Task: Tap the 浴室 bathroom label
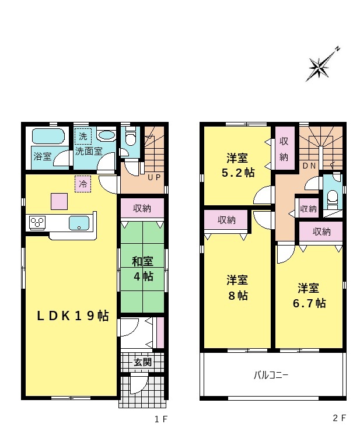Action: [43, 156]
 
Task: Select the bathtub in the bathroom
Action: [48, 136]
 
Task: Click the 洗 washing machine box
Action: [83, 136]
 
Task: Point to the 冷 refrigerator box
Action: [83, 184]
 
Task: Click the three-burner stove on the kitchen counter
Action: [37, 223]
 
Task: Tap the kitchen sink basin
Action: [79, 223]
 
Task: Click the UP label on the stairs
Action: [154, 177]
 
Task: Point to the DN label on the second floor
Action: [309, 166]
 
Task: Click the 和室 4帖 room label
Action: [143, 268]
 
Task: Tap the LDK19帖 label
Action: [73, 316]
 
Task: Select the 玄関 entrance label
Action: [143, 362]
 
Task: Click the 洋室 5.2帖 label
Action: [237, 166]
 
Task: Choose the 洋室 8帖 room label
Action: [237, 288]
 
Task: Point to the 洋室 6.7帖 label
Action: [309, 296]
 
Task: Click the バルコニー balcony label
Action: [271, 375]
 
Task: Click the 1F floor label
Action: [161, 419]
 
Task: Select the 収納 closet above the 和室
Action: [142, 208]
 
